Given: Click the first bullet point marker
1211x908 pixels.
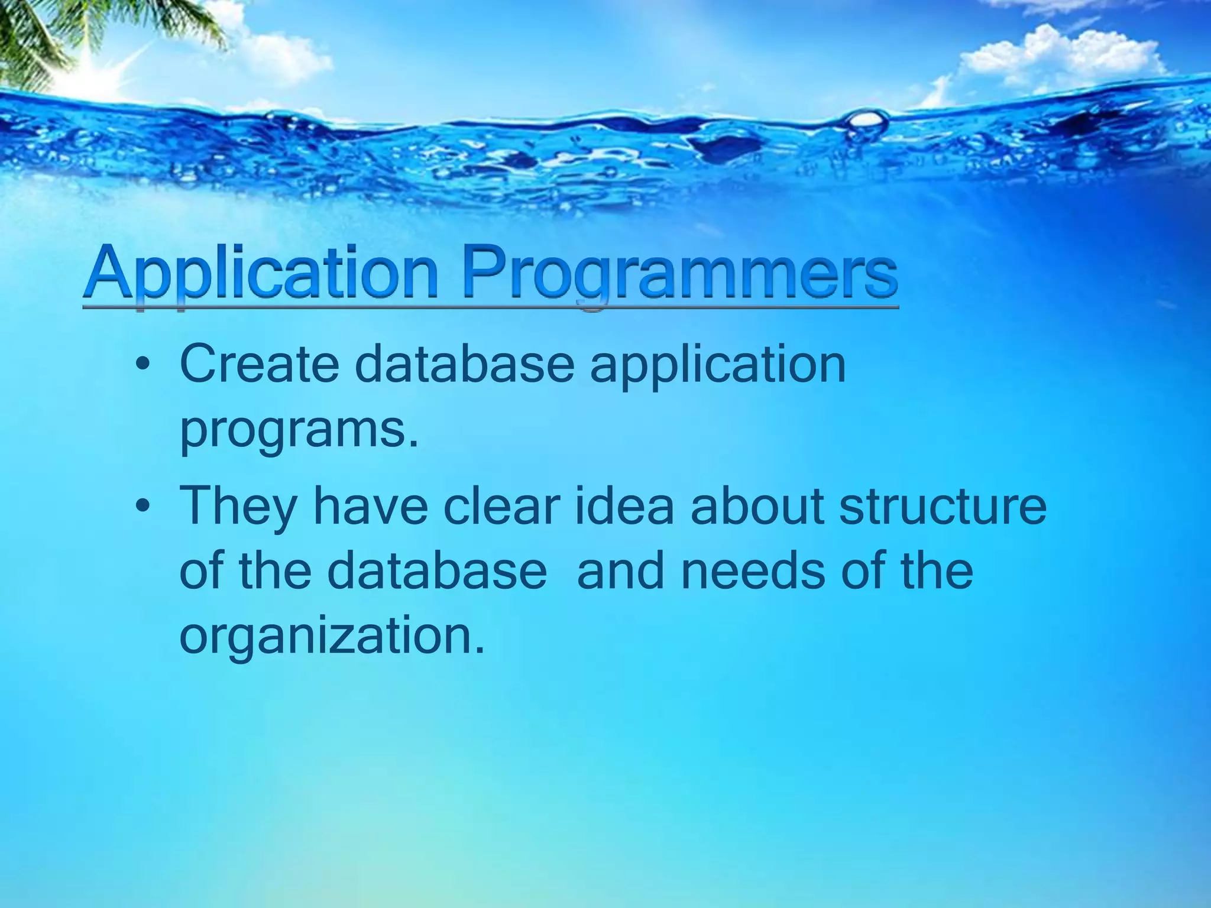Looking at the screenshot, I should point(141,367).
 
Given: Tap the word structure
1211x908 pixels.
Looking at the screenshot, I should point(943,506).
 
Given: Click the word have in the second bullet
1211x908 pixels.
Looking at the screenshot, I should point(370,506).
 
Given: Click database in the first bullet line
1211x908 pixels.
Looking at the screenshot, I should point(464,364).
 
